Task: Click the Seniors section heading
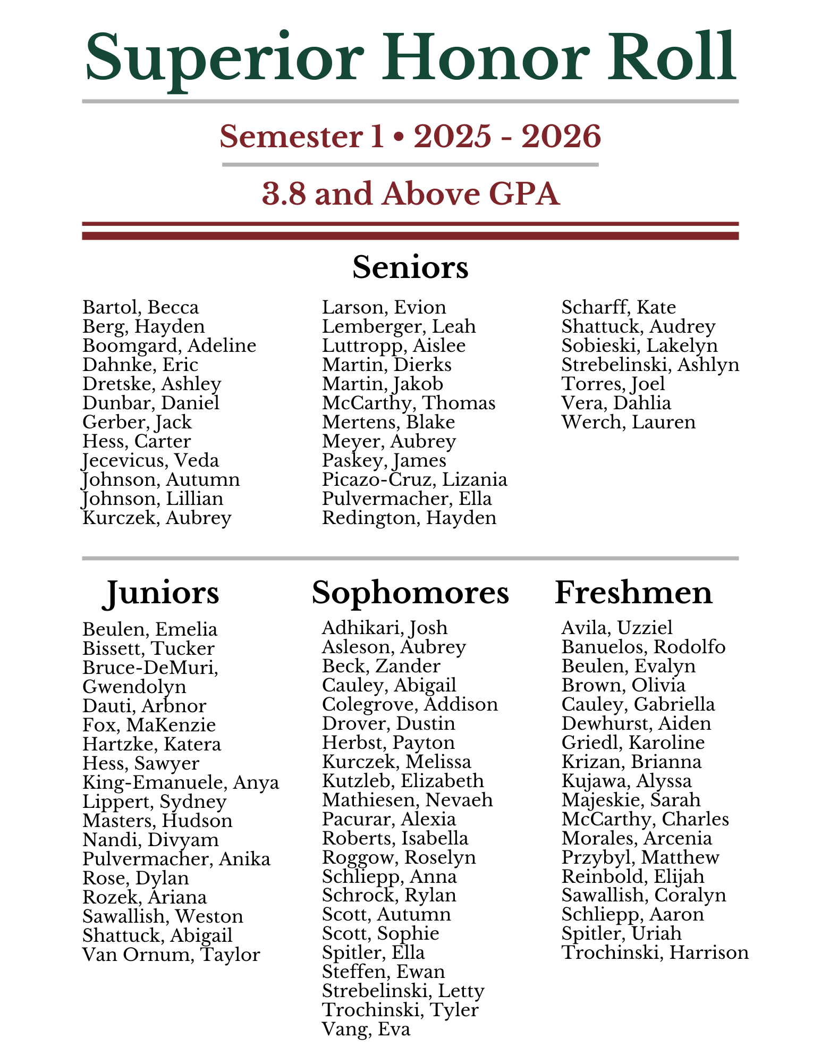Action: pos(410,267)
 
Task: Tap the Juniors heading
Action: pos(160,593)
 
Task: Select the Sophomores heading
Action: pos(410,593)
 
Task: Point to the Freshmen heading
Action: pos(633,593)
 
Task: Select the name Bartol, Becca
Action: pos(141,308)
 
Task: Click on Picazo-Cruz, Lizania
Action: pos(414,480)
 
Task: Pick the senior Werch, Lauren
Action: pos(629,423)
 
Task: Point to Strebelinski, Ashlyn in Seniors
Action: pos(650,365)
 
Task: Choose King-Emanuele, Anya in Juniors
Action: pos(181,783)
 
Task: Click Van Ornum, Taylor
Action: pos(171,955)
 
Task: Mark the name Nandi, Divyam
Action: pos(150,840)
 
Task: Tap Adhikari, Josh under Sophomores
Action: pos(385,628)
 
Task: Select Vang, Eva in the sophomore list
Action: pos(366,1030)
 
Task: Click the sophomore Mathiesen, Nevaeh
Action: pos(407,800)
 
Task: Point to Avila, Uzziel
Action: pos(617,628)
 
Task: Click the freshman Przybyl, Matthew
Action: pos(640,857)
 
